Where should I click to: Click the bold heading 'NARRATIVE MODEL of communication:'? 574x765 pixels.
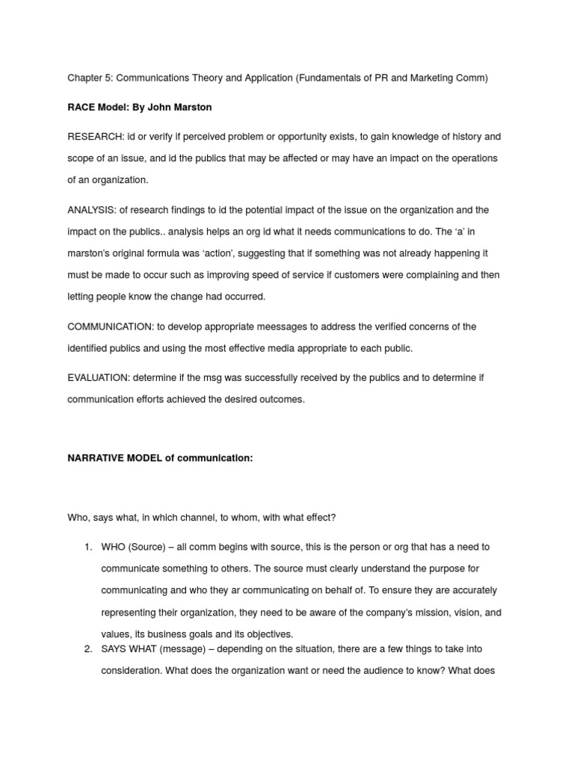pos(160,458)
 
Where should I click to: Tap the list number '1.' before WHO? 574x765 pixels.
pos(87,547)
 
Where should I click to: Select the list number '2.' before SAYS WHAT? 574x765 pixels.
pos(87,648)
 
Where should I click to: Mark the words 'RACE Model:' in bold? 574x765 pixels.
pos(98,107)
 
